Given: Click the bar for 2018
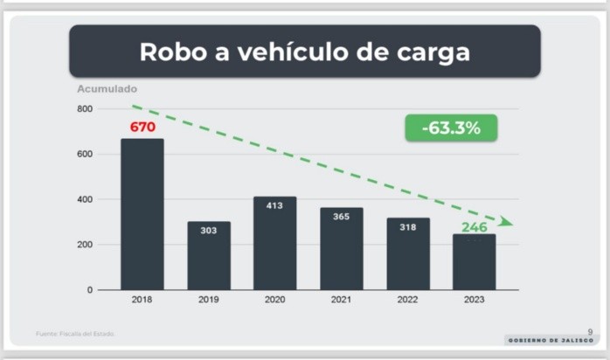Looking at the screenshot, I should [142, 214].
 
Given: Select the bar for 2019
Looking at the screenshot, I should [208, 255].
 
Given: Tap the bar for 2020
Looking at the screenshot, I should [274, 243].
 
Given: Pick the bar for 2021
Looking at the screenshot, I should [341, 248].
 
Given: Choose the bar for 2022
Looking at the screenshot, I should [408, 253].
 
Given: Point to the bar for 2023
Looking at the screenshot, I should [475, 261].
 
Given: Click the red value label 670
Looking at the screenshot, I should [142, 127].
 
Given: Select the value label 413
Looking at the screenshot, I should [274, 205].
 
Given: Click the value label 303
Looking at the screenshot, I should [208, 231].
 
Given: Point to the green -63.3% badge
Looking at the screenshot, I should [450, 128].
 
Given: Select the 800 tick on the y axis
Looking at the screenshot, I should [85, 109].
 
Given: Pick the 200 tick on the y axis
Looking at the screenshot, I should [85, 245].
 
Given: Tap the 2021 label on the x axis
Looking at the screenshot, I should [341, 299].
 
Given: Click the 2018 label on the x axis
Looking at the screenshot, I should [142, 299].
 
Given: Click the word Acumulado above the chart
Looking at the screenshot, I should [107, 88].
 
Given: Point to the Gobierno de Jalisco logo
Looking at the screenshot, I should [551, 339].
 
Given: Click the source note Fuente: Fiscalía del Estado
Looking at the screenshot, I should [75, 333].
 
